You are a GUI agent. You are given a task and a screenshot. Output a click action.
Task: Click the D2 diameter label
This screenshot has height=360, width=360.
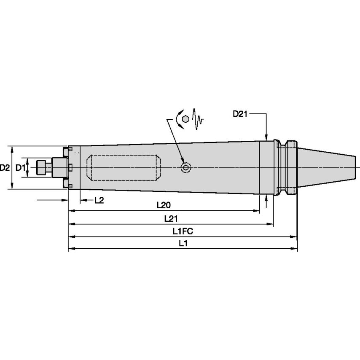[5, 168]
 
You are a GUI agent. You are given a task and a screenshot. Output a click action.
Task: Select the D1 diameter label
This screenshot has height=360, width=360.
[20, 168]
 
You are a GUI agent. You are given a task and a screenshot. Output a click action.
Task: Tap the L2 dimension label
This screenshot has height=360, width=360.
[99, 200]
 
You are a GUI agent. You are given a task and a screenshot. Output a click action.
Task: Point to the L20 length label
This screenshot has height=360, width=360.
[163, 205]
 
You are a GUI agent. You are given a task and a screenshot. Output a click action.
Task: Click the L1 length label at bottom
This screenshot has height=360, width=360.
[183, 243]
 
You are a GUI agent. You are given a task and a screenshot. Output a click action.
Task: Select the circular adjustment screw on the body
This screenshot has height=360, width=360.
[185, 168]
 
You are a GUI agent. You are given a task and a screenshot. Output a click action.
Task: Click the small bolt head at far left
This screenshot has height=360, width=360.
[41, 168]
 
